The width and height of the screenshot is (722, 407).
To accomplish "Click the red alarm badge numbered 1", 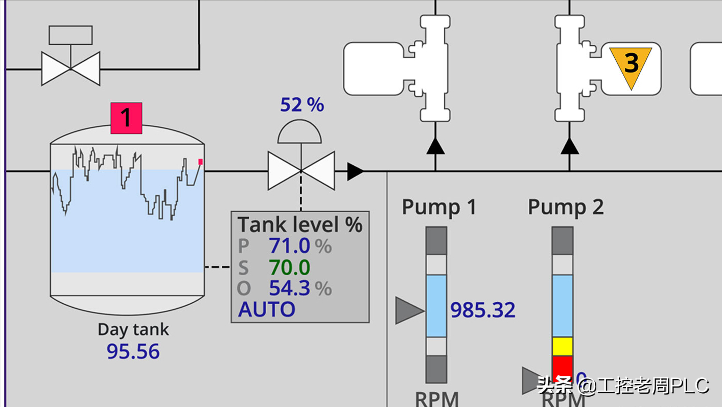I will [x=126, y=118].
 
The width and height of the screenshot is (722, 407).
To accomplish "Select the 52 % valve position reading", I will [x=302, y=105].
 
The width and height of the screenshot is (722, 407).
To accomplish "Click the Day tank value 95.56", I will [x=133, y=351].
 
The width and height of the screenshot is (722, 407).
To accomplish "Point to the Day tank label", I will [x=133, y=329].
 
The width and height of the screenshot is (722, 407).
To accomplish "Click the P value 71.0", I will [x=290, y=246].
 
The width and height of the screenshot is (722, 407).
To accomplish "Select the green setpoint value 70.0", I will [x=290, y=267].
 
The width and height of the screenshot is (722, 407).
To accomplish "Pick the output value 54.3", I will [x=290, y=288].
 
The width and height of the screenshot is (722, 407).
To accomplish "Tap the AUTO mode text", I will [x=267, y=309].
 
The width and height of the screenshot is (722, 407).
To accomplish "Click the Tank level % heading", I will [x=300, y=224].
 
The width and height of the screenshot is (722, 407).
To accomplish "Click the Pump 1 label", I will [x=439, y=207].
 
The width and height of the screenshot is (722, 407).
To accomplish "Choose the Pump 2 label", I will [x=566, y=207].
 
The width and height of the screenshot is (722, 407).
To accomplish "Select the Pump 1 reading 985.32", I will [x=483, y=310].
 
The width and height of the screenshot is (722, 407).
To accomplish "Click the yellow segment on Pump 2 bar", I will [x=563, y=346].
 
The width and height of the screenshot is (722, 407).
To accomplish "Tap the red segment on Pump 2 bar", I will [x=563, y=367].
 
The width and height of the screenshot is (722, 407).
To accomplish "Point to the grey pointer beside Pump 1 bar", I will [x=409, y=310].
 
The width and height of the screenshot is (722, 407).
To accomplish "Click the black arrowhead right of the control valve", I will [x=355, y=171].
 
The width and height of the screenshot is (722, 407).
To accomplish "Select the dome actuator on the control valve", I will [x=300, y=132].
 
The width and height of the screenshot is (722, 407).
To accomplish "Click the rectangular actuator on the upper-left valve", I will [x=71, y=35].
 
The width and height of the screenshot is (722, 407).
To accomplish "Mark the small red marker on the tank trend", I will [x=200, y=162].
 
